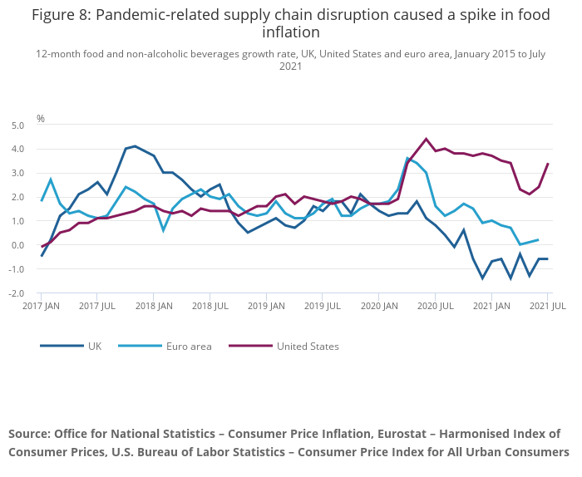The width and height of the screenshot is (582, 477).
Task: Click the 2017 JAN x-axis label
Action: point(42,307)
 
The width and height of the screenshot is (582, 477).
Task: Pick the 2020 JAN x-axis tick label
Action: point(379,307)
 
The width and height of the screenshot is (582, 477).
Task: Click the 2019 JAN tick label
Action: point(267,307)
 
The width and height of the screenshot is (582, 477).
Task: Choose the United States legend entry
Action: point(308,346)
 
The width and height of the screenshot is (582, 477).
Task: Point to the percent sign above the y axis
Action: point(40,118)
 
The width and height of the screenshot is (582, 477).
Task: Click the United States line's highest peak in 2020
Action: point(427,139)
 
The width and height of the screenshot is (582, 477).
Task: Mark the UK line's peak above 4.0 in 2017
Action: point(135,146)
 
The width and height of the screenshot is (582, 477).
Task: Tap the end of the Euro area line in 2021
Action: point(538,239)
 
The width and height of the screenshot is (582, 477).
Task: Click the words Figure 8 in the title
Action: point(63,14)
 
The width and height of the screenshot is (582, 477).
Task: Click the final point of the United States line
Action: point(547,164)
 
